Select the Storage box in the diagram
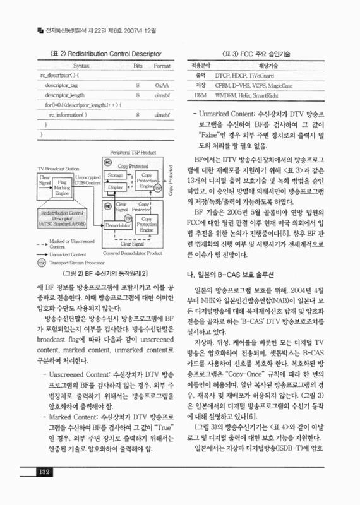click(x=116, y=174)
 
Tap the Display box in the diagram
click(x=116, y=187)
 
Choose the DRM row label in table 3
click(x=200, y=95)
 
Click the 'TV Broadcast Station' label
click(x=58, y=169)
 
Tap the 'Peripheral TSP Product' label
click(x=133, y=152)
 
